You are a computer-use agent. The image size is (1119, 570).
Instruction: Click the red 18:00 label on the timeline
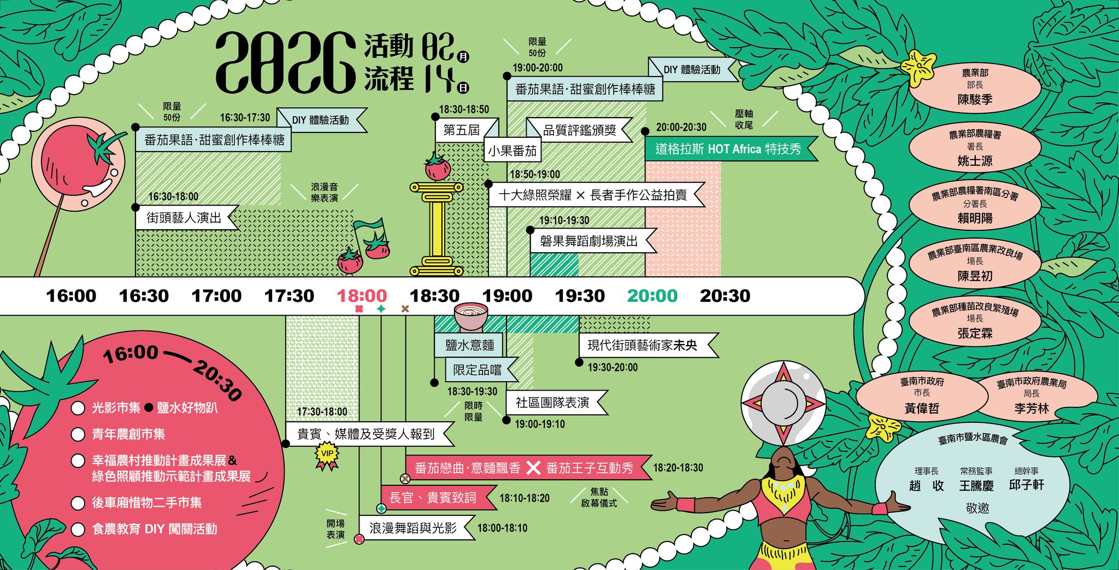pos(362,296)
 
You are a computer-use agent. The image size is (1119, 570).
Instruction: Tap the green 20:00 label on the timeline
pos(652,296)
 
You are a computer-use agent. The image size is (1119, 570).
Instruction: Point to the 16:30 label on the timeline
pos(144,296)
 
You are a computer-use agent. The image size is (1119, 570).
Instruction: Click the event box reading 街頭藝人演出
pos(184,218)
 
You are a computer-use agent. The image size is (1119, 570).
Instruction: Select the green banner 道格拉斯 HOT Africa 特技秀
pos(728,149)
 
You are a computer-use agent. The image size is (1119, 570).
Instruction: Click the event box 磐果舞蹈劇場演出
pos(589,241)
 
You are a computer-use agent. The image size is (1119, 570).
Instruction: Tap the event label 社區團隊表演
pos(552,403)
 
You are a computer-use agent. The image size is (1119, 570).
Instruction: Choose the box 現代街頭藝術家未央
pos(643,345)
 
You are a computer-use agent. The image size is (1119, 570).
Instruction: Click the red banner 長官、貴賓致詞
pos(433,498)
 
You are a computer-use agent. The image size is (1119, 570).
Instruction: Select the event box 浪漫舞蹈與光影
pos(413,528)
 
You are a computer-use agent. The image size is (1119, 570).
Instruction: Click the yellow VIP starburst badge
pos(327,453)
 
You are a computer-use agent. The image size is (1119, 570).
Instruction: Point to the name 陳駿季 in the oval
pos(975,100)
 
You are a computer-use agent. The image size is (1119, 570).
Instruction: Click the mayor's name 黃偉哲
pos(922,408)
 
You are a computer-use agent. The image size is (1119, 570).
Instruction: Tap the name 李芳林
pos(1032,409)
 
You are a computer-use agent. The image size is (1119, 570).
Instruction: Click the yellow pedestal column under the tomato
pos(436,230)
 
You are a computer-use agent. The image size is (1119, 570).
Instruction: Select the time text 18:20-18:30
pos(678,468)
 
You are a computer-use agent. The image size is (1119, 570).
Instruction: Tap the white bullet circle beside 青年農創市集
pos(78,434)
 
